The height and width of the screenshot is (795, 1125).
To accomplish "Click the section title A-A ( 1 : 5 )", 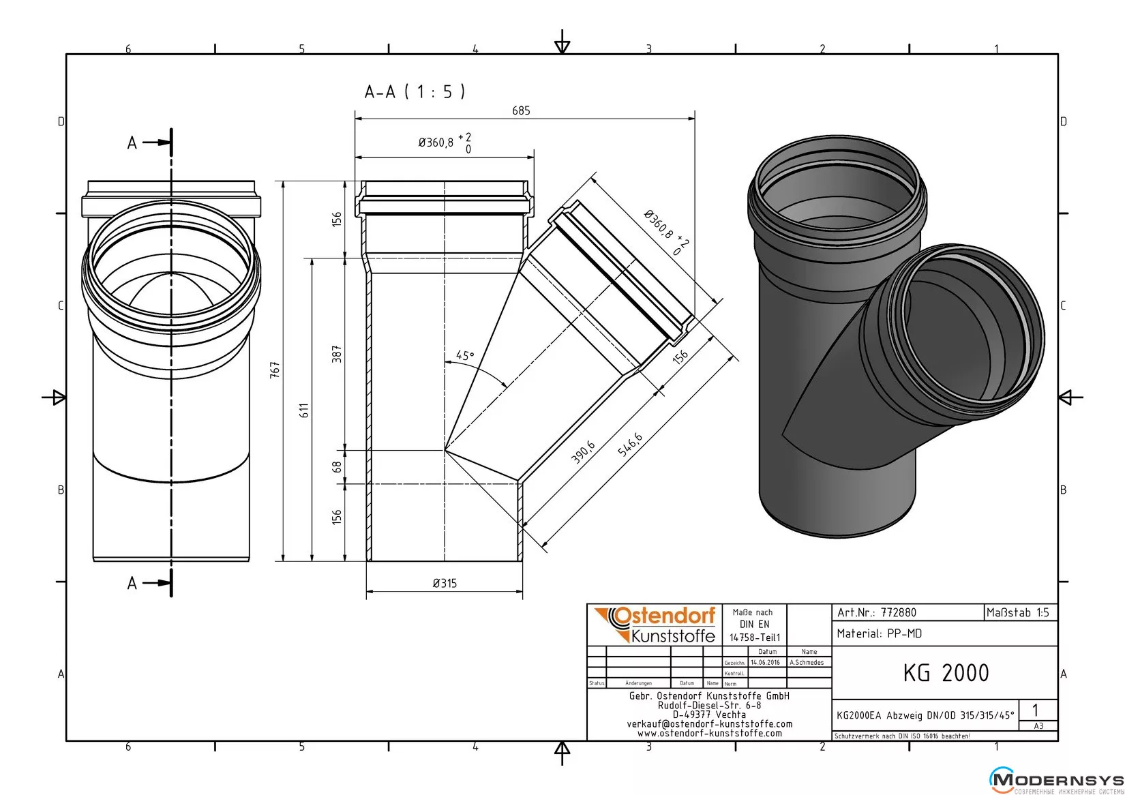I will click(x=415, y=91).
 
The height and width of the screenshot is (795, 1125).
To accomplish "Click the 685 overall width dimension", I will click(x=521, y=110).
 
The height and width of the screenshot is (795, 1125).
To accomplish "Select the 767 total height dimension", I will click(x=275, y=370).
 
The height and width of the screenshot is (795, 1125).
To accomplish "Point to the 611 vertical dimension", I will click(x=305, y=410).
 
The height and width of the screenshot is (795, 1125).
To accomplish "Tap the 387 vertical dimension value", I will click(x=336, y=354).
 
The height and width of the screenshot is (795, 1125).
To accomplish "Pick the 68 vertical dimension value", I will click(x=336, y=467).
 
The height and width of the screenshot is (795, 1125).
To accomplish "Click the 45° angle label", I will click(x=465, y=355).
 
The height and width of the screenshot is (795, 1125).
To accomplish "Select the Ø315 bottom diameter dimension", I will click(x=445, y=583).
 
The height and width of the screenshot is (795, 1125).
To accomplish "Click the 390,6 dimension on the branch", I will click(x=583, y=453).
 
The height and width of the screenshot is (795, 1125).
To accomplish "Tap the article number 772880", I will click(x=899, y=612).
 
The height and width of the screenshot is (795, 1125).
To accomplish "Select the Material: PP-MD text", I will click(x=879, y=633).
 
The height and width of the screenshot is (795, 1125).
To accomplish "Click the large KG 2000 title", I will click(x=946, y=673).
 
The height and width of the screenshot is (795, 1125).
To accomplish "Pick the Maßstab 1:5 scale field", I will click(x=1017, y=612).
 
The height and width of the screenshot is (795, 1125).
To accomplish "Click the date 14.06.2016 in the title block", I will click(x=765, y=662).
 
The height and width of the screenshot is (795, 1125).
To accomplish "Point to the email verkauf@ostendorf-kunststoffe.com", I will click(x=709, y=723).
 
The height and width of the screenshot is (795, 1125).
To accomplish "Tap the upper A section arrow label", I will click(x=132, y=142).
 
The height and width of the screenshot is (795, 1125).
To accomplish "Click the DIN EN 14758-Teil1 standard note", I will click(x=754, y=625).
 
